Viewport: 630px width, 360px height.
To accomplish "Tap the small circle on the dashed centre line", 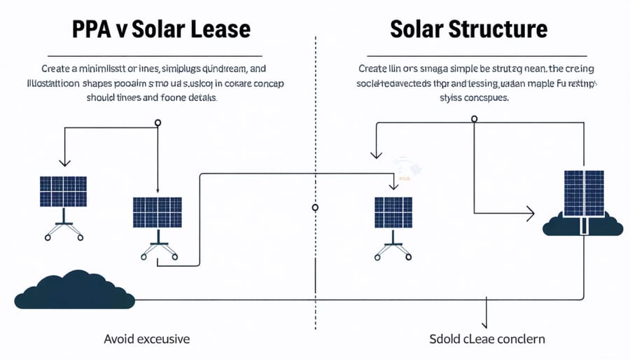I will tap(315, 207).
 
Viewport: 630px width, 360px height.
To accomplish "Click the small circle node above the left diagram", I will tap(158, 123).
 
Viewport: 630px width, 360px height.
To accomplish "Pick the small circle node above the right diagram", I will tap(475, 118).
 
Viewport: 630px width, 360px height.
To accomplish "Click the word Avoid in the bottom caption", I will tap(118, 339).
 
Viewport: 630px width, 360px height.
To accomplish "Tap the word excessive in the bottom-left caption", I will tap(162, 339).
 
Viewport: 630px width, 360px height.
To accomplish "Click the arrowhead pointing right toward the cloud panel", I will tap(531, 213).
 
